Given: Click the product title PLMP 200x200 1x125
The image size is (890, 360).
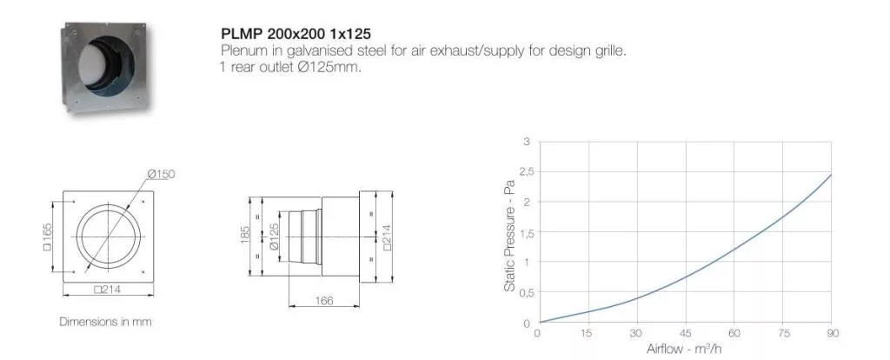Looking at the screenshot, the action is click(296, 34).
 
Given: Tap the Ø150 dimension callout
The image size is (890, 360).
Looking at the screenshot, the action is click(161, 174).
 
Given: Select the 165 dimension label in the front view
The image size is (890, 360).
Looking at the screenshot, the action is click(48, 237).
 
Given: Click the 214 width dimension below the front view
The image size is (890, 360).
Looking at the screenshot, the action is click(108, 290).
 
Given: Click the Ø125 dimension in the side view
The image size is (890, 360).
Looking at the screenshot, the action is click(274, 237).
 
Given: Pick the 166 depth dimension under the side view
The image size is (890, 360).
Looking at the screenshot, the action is click(324, 300).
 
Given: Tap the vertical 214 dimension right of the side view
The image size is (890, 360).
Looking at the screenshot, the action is click(387, 237).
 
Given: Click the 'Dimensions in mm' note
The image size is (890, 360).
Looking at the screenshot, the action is click(105, 322).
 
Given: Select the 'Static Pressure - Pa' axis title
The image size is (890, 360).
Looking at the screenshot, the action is click(509, 237).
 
